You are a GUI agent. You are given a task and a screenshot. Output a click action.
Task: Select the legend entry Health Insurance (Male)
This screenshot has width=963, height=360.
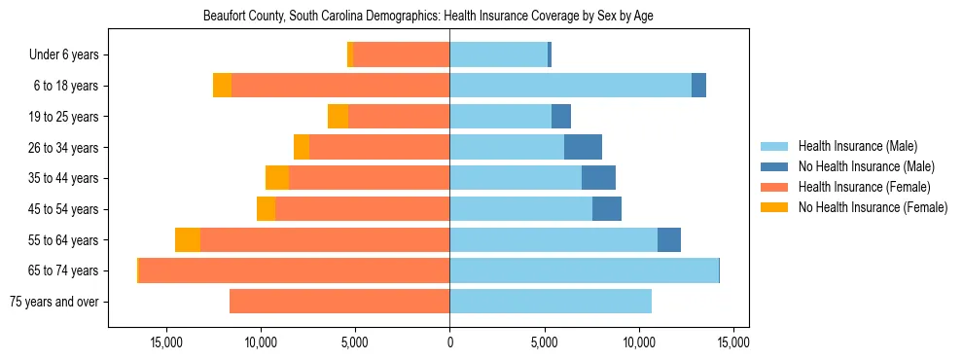click(857, 146)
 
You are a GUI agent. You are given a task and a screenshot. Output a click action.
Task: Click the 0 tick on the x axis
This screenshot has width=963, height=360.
click(449, 343)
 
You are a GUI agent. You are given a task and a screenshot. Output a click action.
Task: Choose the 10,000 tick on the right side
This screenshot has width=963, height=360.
click(638, 343)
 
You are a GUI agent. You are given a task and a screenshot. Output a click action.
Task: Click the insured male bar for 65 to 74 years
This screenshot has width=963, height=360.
click(584, 270)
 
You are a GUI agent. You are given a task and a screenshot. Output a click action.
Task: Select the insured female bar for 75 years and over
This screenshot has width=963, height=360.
click(339, 302)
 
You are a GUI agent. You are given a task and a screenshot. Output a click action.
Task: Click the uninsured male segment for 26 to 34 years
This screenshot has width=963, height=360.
click(583, 147)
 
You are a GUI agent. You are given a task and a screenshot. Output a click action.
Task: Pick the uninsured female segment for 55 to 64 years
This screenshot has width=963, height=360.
click(188, 240)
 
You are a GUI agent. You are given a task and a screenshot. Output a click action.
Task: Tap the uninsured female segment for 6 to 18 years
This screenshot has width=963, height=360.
click(223, 86)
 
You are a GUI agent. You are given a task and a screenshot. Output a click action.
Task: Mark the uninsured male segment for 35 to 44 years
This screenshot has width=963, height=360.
click(598, 178)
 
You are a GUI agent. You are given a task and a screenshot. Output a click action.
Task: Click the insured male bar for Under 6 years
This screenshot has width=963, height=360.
click(498, 55)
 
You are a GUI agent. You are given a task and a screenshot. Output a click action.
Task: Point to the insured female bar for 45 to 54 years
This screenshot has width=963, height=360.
click(362, 209)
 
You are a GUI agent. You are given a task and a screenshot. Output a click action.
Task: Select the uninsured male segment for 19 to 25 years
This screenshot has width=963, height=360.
click(561, 117)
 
